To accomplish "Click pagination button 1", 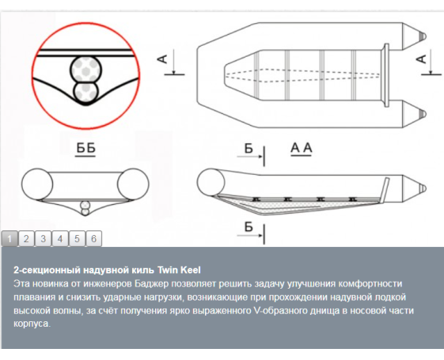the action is click(9, 239).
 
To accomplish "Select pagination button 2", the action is click(26, 239).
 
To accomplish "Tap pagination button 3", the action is click(43, 239).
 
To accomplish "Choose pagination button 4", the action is click(60, 239).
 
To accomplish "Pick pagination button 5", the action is click(77, 239).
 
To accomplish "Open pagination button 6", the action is click(93, 239).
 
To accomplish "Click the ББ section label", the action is click(85, 149).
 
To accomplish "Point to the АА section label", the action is click(302, 148).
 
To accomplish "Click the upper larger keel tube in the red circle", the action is click(85, 69).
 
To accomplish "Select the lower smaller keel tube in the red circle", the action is click(85, 92).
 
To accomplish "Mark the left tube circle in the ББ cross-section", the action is click(37, 184).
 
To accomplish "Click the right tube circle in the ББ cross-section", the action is click(133, 184).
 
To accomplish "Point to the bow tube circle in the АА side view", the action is click(211, 183).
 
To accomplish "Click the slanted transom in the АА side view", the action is click(385, 190).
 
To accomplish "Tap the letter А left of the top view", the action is click(162, 59).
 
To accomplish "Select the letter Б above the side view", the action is click(249, 148).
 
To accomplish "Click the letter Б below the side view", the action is click(249, 227).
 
